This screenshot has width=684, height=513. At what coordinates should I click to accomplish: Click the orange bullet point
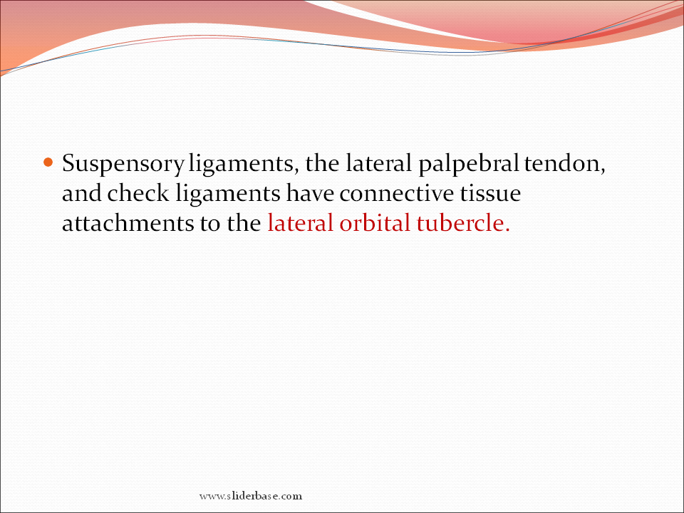(48, 162)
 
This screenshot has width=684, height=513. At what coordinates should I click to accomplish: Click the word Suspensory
(123, 165)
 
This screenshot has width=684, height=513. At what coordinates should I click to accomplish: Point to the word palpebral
(469, 165)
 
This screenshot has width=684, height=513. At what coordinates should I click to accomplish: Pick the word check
(138, 193)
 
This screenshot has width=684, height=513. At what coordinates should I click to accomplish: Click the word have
(310, 193)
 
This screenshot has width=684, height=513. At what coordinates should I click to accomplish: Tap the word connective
(397, 193)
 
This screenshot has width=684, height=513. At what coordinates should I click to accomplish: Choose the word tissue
(490, 193)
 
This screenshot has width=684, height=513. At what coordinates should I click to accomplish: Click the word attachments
(128, 222)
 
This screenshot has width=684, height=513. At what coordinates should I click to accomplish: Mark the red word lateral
(300, 222)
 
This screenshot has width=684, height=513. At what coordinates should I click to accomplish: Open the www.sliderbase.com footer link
(251, 496)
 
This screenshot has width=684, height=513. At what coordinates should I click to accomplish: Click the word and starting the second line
(81, 193)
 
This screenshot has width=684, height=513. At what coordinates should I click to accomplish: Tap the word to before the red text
(210, 223)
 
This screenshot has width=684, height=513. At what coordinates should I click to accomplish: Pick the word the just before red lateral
(244, 222)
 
